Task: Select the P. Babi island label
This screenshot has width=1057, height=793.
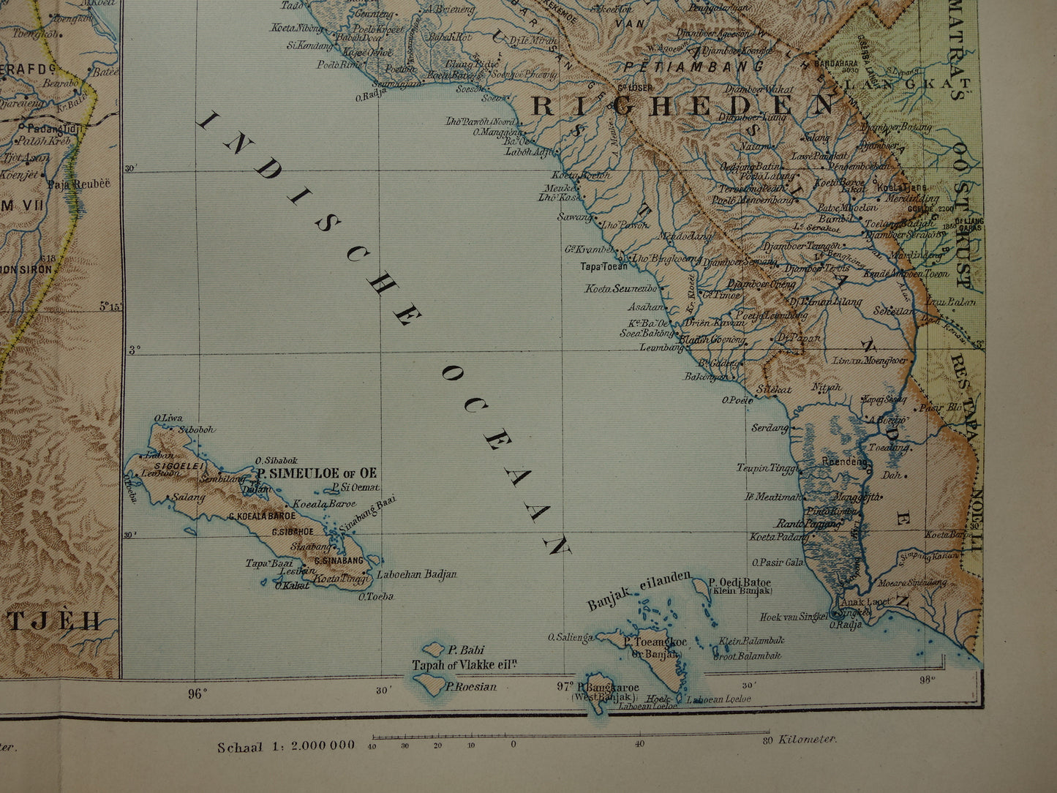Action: pyautogui.click(x=467, y=650)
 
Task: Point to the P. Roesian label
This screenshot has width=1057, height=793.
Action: pyautogui.click(x=471, y=686)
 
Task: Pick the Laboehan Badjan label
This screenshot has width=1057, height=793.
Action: pyautogui.click(x=416, y=574)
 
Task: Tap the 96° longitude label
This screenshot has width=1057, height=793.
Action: pyautogui.click(x=198, y=694)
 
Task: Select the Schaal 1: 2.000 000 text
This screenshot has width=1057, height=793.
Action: pyautogui.click(x=285, y=746)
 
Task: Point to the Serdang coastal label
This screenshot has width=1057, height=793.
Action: pyautogui.click(x=770, y=427)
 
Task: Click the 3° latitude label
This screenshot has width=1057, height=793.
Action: pyautogui.click(x=134, y=350)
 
